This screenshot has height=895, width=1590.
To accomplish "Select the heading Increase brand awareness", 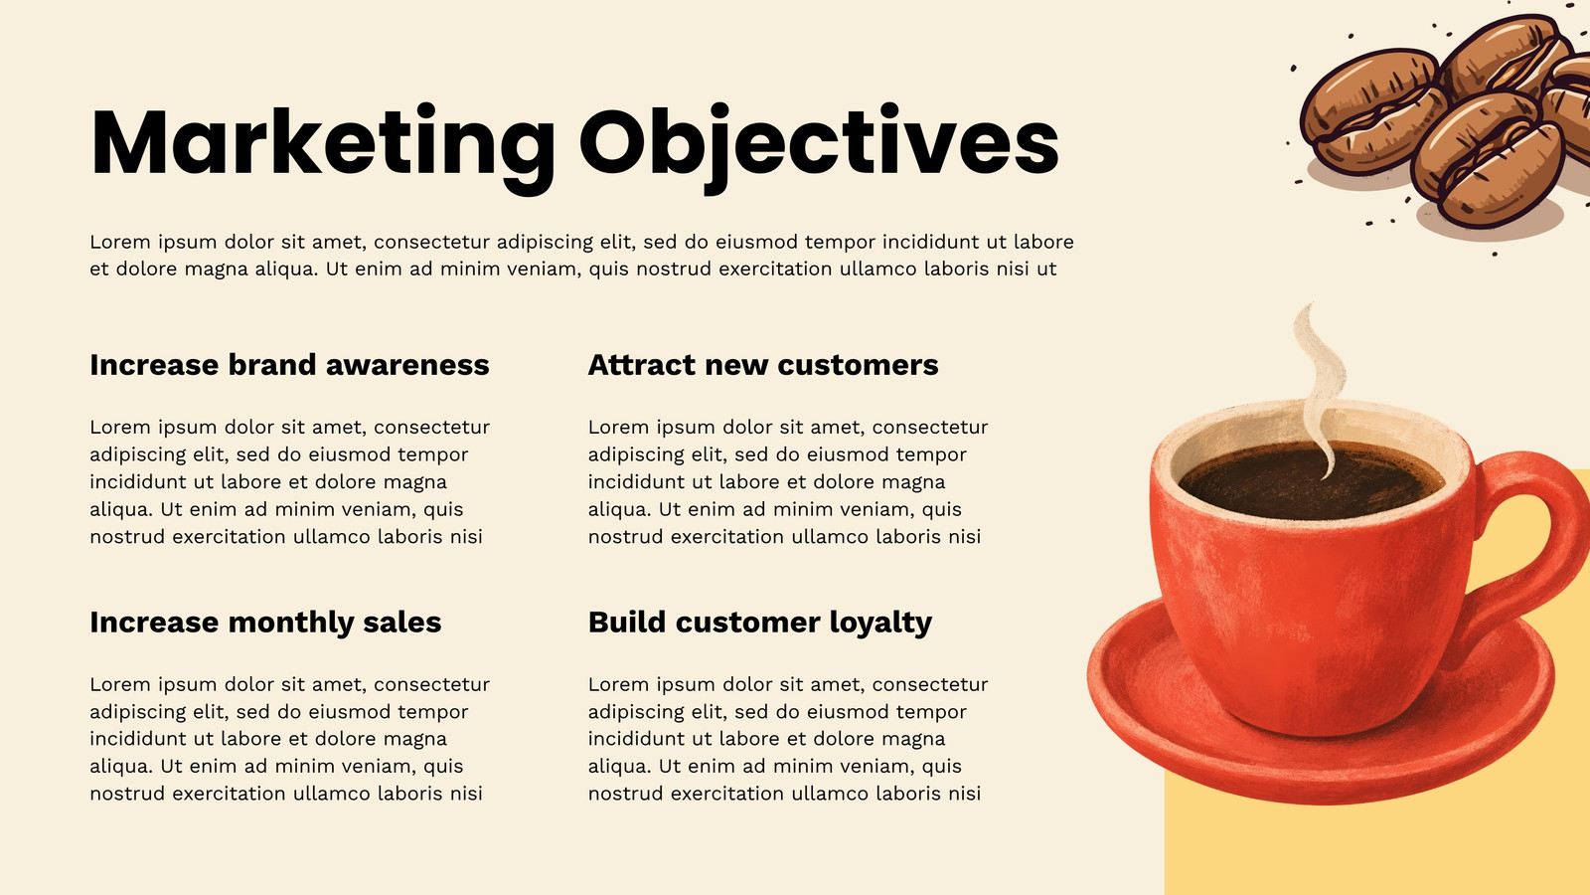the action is tap(289, 364).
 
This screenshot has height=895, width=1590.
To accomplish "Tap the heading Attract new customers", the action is tap(763, 364).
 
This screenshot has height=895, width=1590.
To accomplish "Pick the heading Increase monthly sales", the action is tap(265, 623).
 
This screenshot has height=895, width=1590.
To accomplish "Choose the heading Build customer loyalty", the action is tap(760, 623).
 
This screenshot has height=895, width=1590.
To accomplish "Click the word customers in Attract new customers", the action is tap(859, 365).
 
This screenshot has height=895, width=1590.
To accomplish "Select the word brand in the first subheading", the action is tap(272, 364).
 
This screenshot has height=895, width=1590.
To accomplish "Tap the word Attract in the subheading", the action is tap(642, 365).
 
